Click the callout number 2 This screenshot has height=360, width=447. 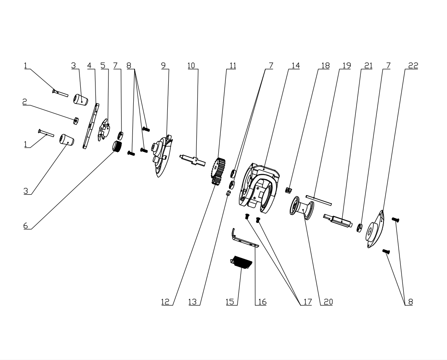point(25,101)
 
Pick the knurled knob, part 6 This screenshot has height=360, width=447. point(116,147)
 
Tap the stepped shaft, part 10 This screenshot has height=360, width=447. point(193,159)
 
